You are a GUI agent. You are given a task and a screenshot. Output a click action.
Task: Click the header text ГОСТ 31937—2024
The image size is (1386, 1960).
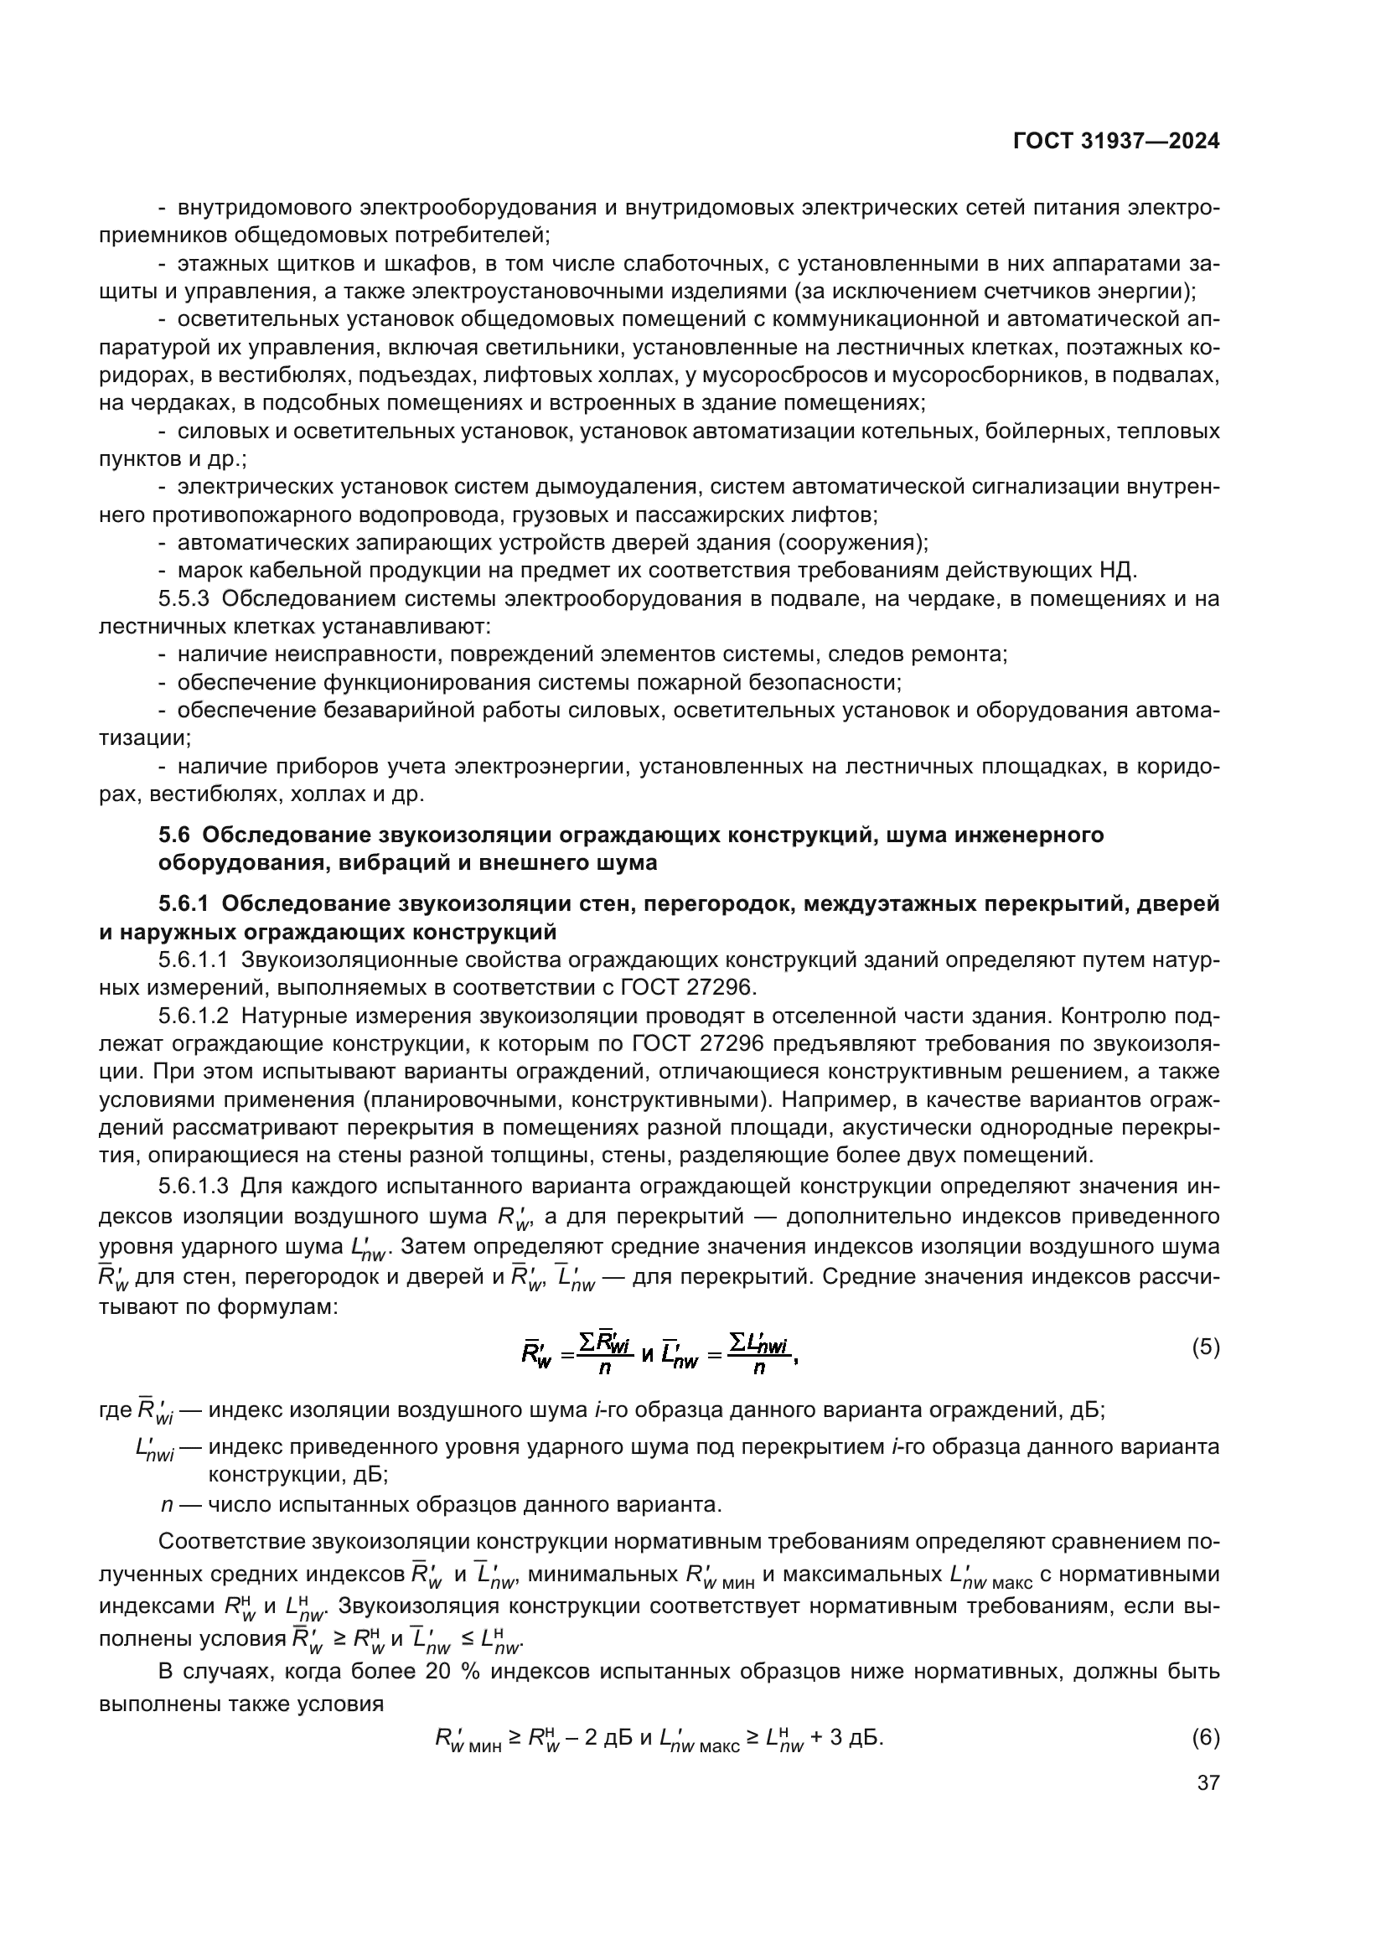tap(1115, 142)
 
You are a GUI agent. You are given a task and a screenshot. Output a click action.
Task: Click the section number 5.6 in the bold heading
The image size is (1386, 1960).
tap(174, 835)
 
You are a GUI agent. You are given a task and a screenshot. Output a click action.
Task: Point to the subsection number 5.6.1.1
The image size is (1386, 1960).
tap(193, 959)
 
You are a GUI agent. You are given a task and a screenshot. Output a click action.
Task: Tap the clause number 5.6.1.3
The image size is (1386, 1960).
tap(193, 1187)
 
